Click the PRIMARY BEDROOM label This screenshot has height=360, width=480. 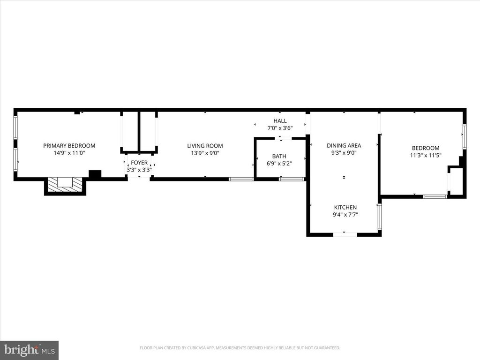69,146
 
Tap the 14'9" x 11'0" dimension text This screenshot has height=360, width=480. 69,153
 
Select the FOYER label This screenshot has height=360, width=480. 139,163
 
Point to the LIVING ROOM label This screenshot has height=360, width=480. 205,146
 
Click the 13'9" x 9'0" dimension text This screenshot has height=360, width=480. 205,153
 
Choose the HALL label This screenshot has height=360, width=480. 280,121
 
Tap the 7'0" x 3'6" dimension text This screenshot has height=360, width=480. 280,128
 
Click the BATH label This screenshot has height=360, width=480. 279,157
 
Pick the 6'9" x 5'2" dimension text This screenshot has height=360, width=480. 279,164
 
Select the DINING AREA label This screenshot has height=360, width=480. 344,146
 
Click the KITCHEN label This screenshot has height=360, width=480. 345,207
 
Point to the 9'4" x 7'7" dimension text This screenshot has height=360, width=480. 345,215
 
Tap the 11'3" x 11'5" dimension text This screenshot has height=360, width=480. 426,155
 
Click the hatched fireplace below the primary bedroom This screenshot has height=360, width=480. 65,186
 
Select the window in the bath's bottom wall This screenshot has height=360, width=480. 292,179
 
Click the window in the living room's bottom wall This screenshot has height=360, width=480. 241,179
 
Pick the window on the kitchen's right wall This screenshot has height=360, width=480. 380,217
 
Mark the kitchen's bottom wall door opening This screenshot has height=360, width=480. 345,234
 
